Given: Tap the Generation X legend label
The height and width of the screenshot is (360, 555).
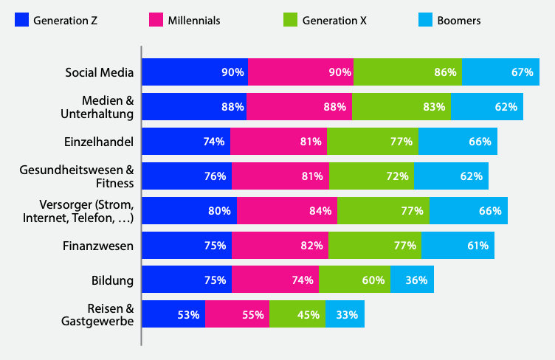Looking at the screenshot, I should tap(334, 21).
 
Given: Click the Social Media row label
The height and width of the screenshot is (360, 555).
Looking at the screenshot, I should tap(99, 72).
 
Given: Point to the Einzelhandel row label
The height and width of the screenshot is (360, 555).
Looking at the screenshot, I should tap(100, 142).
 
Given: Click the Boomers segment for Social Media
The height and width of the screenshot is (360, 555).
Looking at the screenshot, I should tap(500, 72).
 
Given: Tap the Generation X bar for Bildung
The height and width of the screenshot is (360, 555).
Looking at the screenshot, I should tap(354, 280).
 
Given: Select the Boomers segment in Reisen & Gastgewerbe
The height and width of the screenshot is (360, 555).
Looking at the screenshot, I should tap(345, 315).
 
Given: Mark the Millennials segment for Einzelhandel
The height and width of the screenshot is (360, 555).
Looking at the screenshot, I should tap(279, 142).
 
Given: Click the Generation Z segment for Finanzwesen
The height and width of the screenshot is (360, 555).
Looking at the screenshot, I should tap(186, 246).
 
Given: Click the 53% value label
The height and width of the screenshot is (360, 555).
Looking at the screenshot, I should tap(189, 315).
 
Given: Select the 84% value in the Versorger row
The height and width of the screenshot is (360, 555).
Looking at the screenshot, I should tap(320, 211).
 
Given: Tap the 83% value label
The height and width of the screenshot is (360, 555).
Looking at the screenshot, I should tap(435, 107).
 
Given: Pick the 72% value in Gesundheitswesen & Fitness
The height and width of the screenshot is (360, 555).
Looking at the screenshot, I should tap(397, 176).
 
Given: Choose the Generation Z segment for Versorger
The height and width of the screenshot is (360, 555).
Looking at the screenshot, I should tap(189, 211).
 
